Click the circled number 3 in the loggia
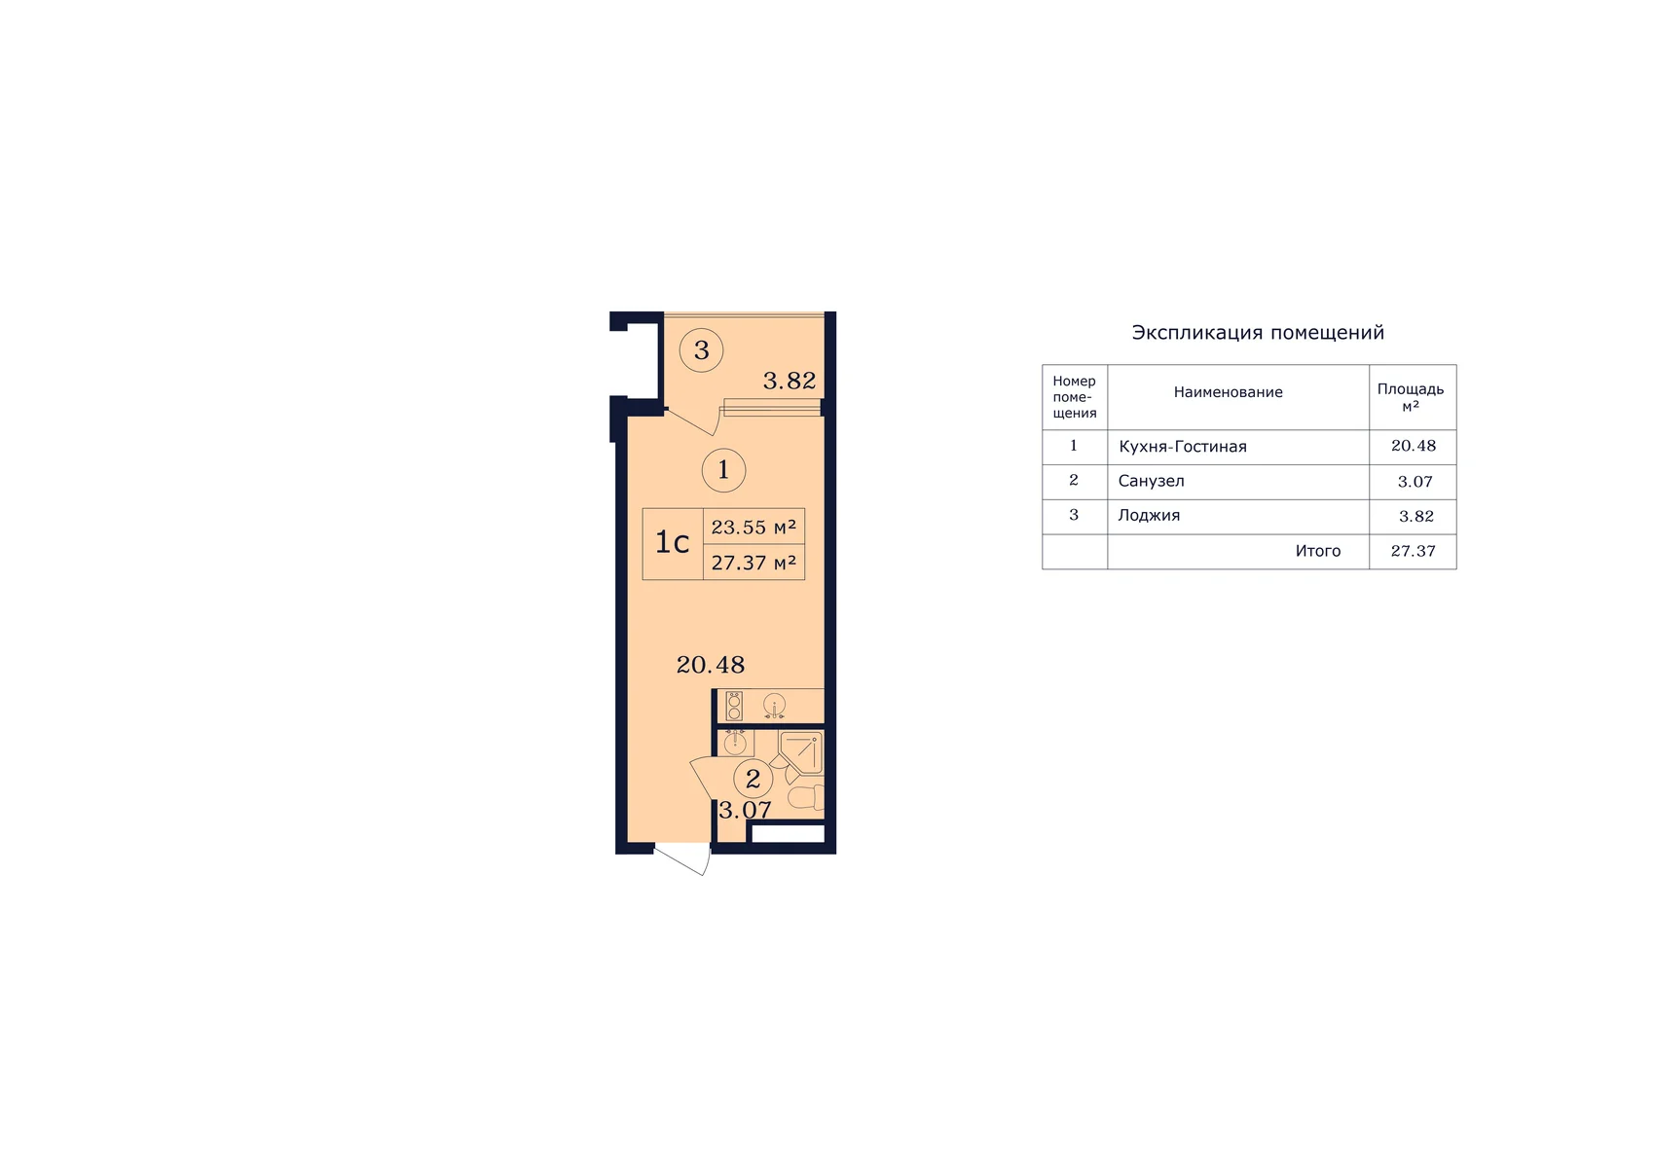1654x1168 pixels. [701, 350]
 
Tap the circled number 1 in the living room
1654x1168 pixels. [723, 469]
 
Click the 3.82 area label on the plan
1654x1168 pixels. [789, 381]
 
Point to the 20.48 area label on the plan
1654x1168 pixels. [711, 665]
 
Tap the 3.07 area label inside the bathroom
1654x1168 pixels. [745, 810]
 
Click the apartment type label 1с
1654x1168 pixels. [672, 542]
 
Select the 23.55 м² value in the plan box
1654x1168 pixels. [753, 527]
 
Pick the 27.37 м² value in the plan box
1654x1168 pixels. [753, 563]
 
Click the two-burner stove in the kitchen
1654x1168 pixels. [734, 706]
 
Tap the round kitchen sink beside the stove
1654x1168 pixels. [774, 705]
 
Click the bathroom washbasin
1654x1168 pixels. [735, 743]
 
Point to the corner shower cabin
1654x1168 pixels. [801, 752]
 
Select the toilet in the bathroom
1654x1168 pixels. [806, 797]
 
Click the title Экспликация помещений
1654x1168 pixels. [1258, 332]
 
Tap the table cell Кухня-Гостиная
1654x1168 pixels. [1182, 446]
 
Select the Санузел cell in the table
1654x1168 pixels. [1151, 481]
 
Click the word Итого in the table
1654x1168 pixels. [1317, 550]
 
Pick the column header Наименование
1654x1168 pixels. [1228, 392]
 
